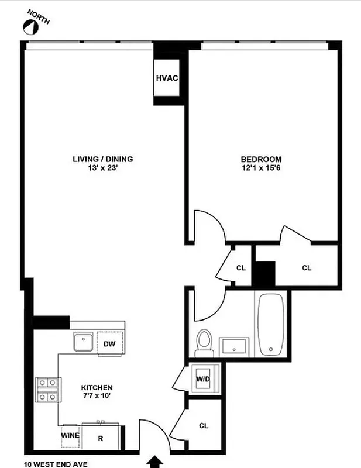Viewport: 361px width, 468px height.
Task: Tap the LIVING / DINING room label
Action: pos(103,159)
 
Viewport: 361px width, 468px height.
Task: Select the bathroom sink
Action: pos(235,346)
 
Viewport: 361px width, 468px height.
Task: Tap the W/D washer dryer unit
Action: pos(203,378)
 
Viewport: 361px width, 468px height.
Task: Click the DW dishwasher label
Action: pos(109,344)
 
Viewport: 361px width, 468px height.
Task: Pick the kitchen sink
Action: pos(82,340)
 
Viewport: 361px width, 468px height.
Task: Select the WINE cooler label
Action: pos(70,435)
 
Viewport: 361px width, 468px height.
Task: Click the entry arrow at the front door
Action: pos(156,462)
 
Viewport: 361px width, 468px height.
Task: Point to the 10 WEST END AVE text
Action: pos(56,464)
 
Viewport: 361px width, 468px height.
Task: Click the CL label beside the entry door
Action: pos(204,426)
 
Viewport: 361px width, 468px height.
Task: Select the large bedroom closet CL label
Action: pos(307,268)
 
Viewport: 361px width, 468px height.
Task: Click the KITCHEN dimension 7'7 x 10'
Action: pos(97,396)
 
